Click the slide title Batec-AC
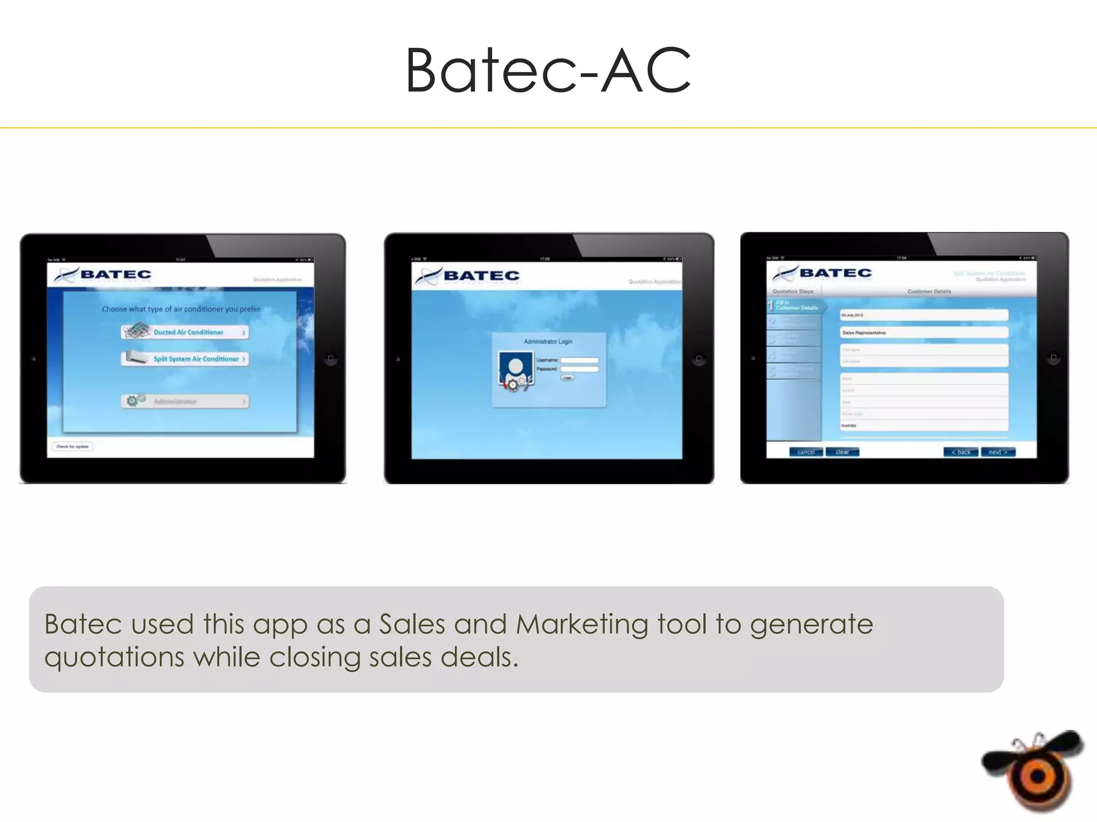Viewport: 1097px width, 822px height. pos(548,71)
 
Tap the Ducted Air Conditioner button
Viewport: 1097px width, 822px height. pos(185,332)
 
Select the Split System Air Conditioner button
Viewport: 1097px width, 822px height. pos(185,359)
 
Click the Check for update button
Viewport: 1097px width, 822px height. pos(73,446)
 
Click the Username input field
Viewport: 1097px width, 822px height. pos(579,360)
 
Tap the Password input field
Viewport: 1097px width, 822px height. pos(579,369)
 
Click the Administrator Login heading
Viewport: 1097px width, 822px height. pos(548,341)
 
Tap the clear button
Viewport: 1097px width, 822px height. pos(842,452)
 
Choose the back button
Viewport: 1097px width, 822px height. pos(960,452)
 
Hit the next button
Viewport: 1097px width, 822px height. pos(998,452)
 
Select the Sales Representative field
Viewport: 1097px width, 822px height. pos(924,333)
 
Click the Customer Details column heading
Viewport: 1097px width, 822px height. pos(929,292)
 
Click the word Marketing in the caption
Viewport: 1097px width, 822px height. pos(582,625)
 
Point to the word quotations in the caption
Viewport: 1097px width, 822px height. pos(114,658)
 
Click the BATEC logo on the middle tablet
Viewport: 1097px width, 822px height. pos(467,276)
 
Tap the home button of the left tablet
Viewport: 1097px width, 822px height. pos(331,359)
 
